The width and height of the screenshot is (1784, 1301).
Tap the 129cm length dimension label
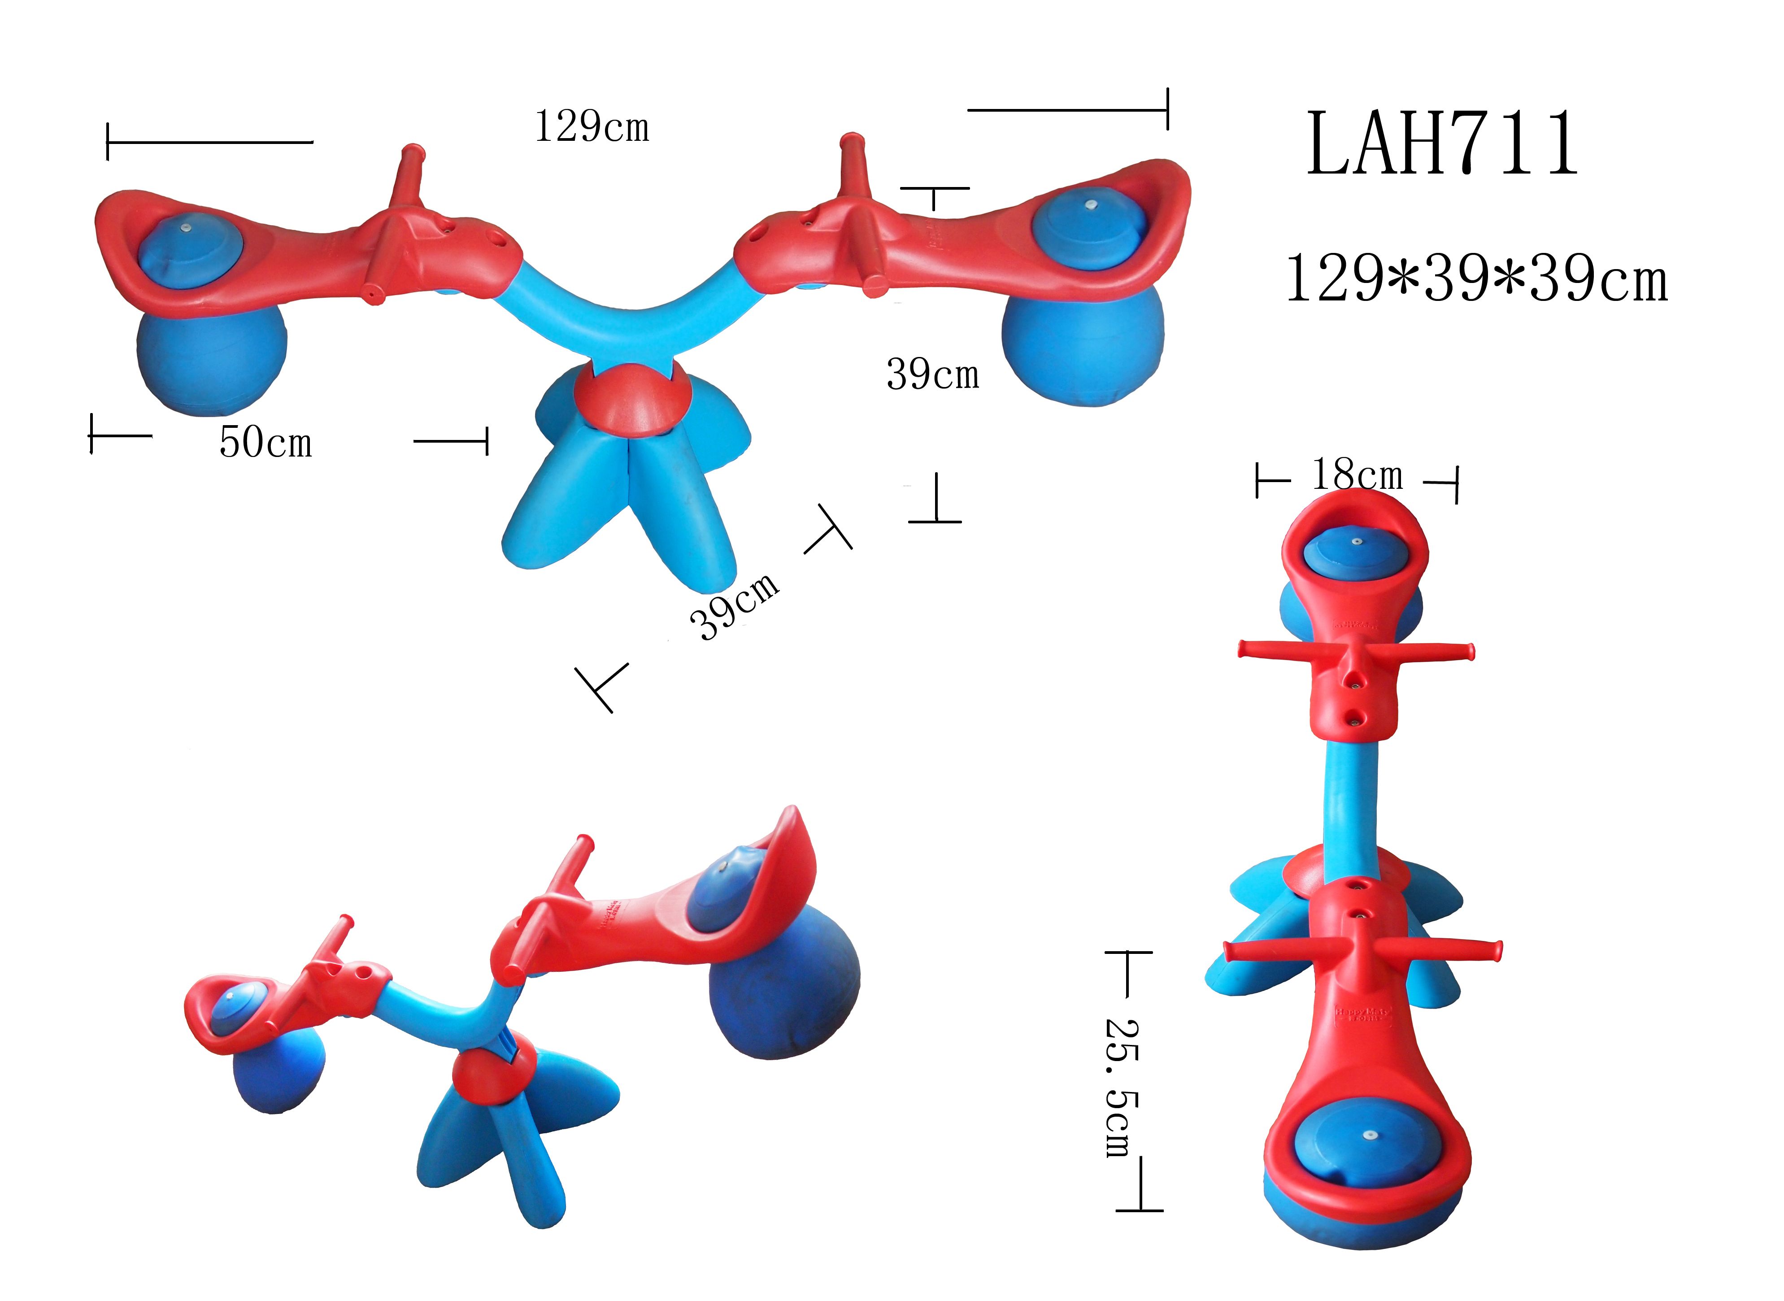pyautogui.click(x=592, y=127)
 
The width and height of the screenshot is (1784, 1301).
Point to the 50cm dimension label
pyautogui.click(x=265, y=442)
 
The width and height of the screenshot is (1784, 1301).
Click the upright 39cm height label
pyautogui.click(x=932, y=374)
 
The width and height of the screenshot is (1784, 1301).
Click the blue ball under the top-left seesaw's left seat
pyautogui.click(x=211, y=361)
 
